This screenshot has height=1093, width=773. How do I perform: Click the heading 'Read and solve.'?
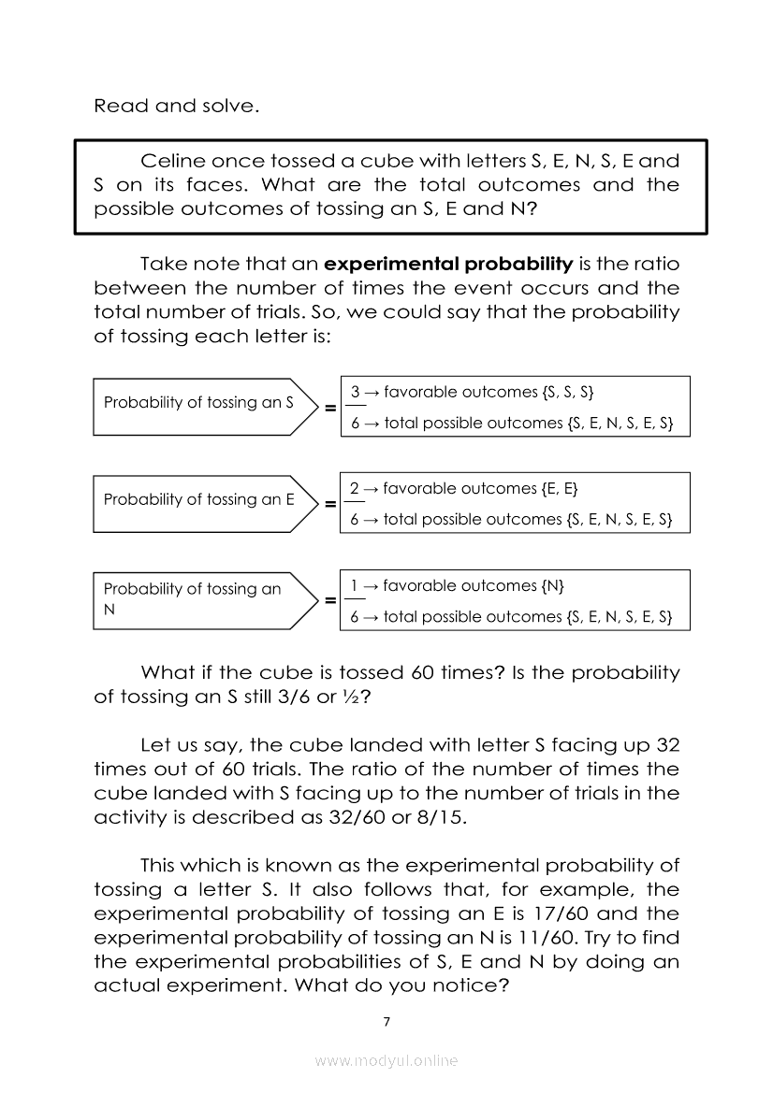[x=176, y=106]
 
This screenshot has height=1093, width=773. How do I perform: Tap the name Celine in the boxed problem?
[x=169, y=161]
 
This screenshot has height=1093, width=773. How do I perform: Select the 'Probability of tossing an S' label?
[x=198, y=403]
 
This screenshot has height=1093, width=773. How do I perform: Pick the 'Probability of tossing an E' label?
[x=198, y=499]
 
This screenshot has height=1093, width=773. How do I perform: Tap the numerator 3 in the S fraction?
[x=355, y=392]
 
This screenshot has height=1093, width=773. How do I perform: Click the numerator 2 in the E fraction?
[x=355, y=488]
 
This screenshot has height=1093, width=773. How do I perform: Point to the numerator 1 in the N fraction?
[x=355, y=586]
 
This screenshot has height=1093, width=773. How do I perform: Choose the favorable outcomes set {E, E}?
[x=560, y=488]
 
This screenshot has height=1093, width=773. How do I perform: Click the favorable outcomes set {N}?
[x=552, y=586]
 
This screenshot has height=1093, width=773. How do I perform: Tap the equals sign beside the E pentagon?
[x=330, y=505]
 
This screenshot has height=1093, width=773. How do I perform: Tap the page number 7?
[x=386, y=1021]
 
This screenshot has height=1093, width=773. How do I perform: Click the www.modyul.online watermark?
[x=386, y=1060]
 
